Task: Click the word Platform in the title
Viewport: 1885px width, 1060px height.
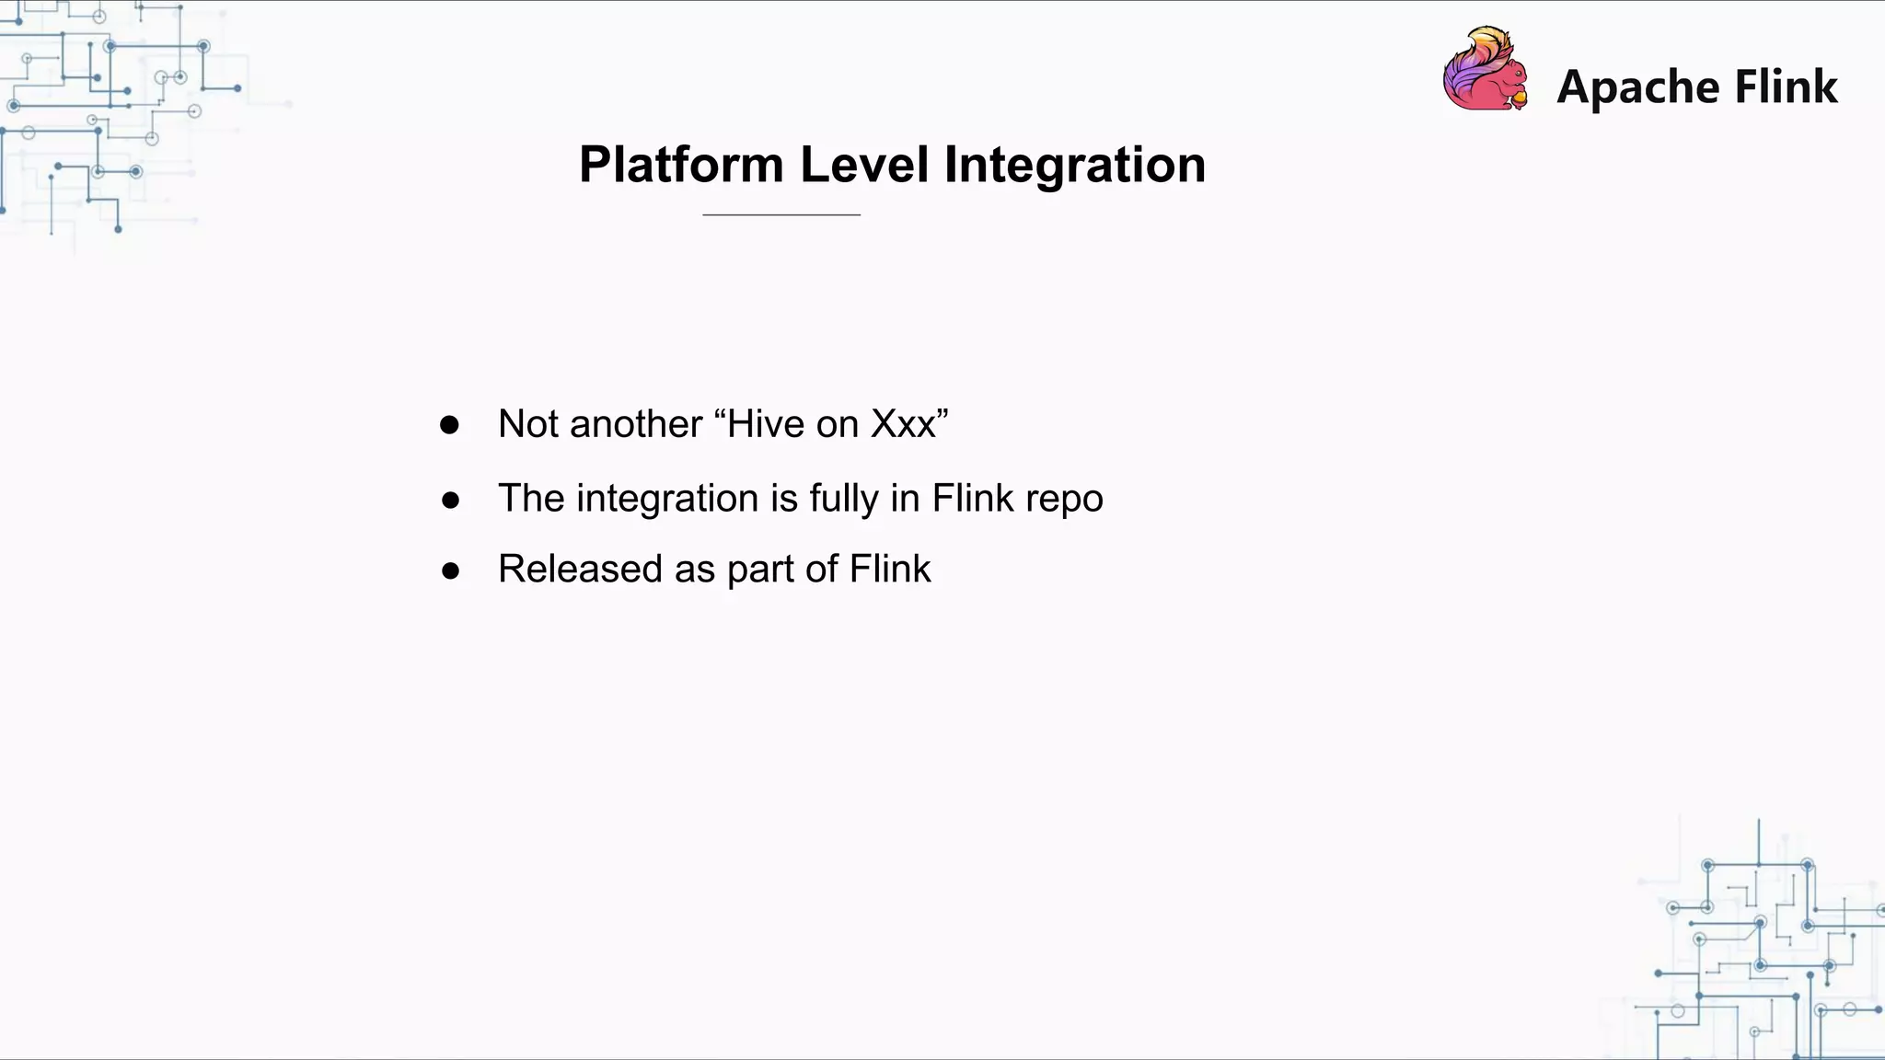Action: tap(681, 166)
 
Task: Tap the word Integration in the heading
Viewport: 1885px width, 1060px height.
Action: tap(1074, 166)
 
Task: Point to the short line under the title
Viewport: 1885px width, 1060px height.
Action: tap(781, 214)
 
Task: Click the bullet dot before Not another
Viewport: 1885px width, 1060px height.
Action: tap(449, 425)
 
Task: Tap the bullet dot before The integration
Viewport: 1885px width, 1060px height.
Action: tap(450, 500)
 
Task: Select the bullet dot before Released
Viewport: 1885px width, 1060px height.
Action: tap(450, 570)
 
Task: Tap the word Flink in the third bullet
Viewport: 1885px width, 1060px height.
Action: tap(890, 569)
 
